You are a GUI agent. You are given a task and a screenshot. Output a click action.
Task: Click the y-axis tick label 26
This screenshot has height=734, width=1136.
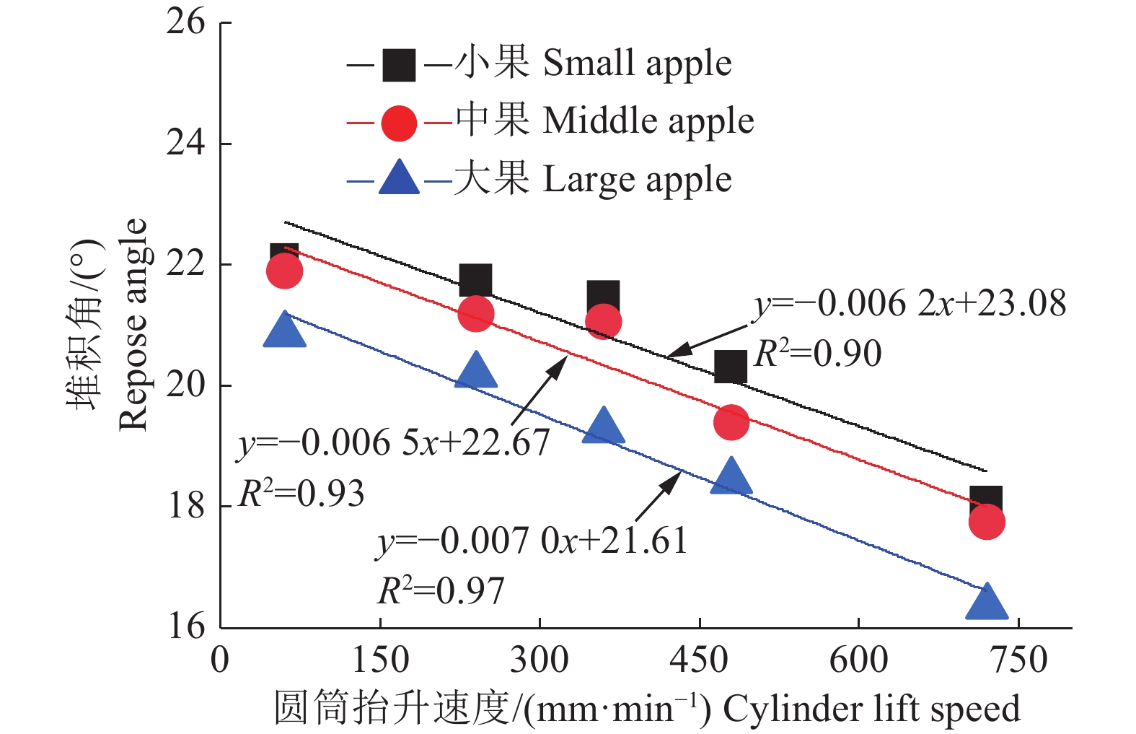pos(185,22)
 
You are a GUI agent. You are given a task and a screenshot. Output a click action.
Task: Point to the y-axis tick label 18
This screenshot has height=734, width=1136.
pos(186,505)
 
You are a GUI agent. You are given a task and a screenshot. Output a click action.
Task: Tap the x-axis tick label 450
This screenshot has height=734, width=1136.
pos(699,659)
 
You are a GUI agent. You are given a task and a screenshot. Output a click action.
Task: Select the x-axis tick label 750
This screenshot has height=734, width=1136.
pos(1018,659)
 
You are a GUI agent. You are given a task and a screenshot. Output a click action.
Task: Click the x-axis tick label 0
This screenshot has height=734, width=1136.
pos(220,659)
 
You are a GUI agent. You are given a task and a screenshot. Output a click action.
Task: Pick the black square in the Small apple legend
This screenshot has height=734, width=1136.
pos(398,65)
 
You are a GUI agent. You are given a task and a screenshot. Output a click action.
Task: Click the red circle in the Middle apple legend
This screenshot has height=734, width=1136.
pos(399,123)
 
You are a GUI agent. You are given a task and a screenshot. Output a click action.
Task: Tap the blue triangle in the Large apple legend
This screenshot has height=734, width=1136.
pos(399,178)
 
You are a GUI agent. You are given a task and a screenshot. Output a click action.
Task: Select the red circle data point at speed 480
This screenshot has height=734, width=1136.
pos(731,421)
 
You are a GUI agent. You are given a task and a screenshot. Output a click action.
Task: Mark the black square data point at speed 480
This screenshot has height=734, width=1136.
pos(731,367)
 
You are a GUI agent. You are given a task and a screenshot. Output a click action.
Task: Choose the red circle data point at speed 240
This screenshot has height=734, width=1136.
pos(476,314)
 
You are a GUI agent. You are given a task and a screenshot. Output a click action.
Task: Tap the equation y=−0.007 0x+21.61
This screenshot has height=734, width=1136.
pos(532,541)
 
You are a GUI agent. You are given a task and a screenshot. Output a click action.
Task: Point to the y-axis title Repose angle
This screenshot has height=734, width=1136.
pos(133,325)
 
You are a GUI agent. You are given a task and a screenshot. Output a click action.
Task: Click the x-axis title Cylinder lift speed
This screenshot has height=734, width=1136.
pos(871,709)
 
